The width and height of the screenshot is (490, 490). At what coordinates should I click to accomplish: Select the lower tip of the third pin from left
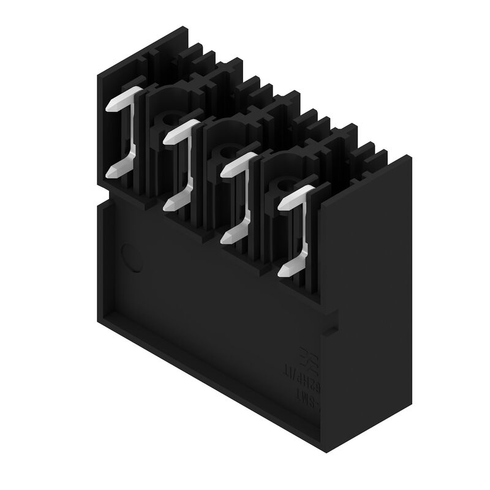[x=225, y=238]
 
